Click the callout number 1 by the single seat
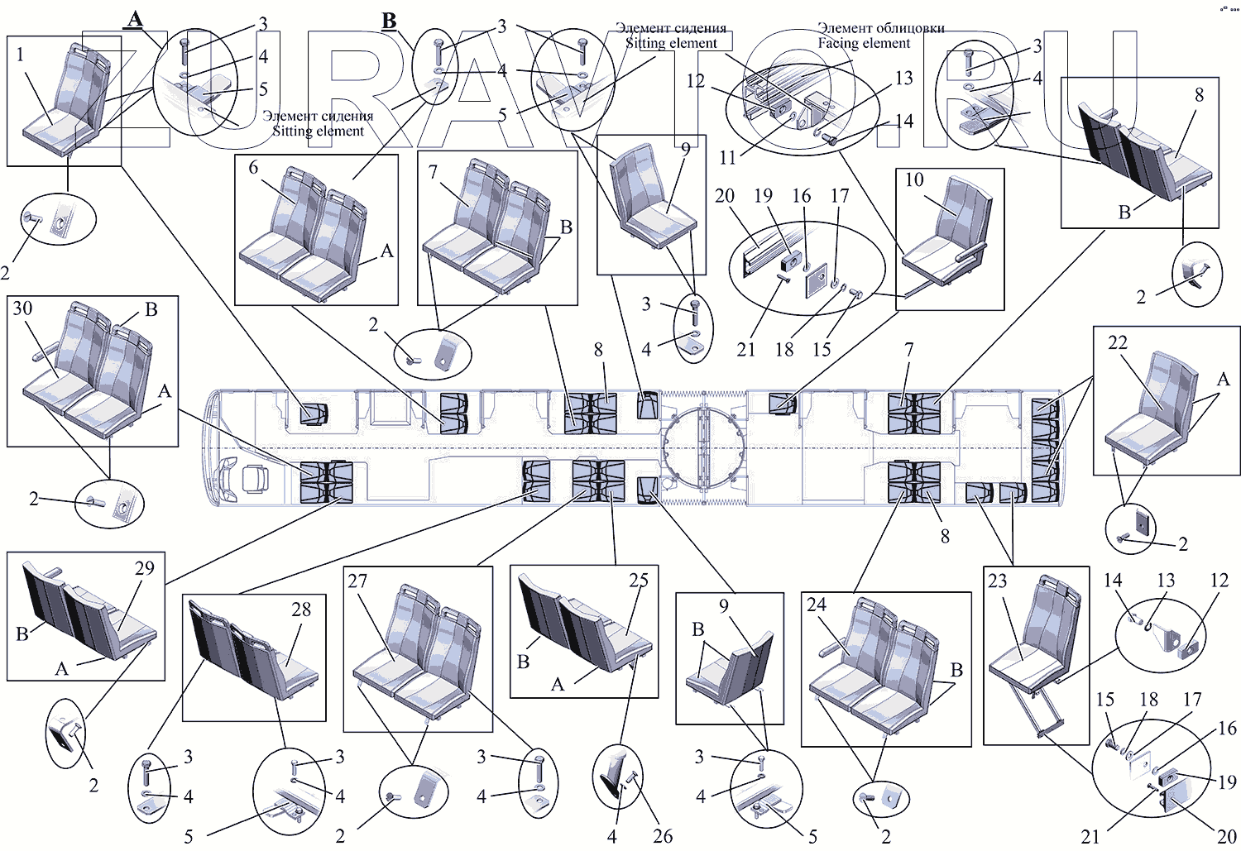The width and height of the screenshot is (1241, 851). pyautogui.click(x=20, y=55)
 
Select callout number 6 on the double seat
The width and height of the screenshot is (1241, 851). pyautogui.click(x=253, y=168)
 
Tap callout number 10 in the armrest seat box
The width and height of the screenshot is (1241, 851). pyautogui.click(x=913, y=180)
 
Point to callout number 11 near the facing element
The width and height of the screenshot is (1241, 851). pyautogui.click(x=727, y=157)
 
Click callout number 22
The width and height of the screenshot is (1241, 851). pyautogui.click(x=1117, y=342)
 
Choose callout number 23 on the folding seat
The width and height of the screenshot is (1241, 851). pyautogui.click(x=997, y=581)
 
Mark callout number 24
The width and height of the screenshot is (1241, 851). pyautogui.click(x=816, y=605)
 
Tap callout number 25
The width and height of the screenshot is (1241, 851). pyautogui.click(x=638, y=581)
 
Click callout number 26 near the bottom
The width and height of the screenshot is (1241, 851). pyautogui.click(x=662, y=836)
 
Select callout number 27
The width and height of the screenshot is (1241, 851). pyautogui.click(x=357, y=581)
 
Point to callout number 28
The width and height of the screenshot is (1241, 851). pyautogui.click(x=300, y=610)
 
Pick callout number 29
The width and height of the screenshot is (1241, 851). pyautogui.click(x=144, y=568)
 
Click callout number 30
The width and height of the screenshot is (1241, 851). pyautogui.click(x=22, y=308)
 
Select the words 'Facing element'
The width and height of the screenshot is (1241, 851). pyautogui.click(x=864, y=43)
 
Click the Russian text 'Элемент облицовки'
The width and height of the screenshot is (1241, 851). pyautogui.click(x=880, y=28)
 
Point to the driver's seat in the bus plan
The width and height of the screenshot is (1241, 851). pyautogui.click(x=255, y=479)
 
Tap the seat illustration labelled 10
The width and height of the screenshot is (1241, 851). pyautogui.click(x=951, y=236)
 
